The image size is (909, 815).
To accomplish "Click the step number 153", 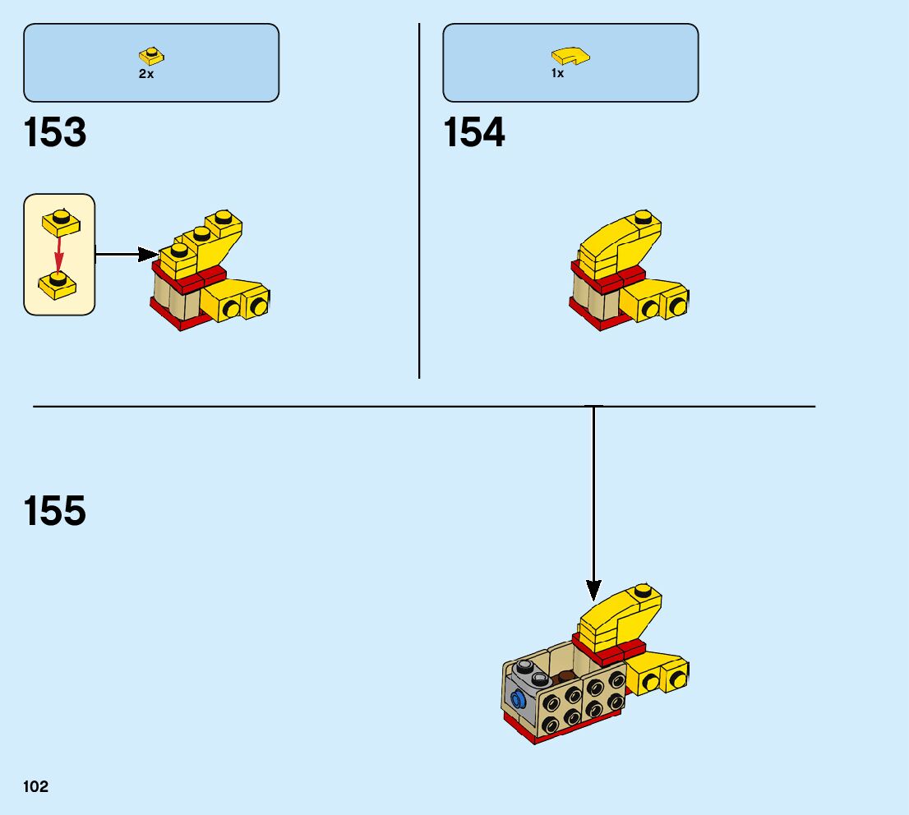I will coord(55,132).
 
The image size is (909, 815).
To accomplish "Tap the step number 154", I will coord(474,132).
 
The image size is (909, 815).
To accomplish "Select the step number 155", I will coord(55,510).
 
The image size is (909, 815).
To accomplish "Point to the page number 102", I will coord(36,786).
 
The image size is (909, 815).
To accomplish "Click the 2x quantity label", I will coord(145,74).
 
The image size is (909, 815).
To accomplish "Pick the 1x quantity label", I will coord(557,74).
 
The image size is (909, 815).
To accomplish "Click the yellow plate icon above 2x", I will coord(151,56).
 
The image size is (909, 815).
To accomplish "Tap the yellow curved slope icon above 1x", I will coord(570,56).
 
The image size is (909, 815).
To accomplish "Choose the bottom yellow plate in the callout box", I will coord(58,283).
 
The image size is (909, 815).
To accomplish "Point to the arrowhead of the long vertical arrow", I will coord(593,589).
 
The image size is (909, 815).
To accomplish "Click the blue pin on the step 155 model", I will coord(518,700).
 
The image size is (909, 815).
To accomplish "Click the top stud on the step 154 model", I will coord(646,218).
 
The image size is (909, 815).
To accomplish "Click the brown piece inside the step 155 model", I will coord(568,677).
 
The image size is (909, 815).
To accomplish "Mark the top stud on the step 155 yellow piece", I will coord(646,592).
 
